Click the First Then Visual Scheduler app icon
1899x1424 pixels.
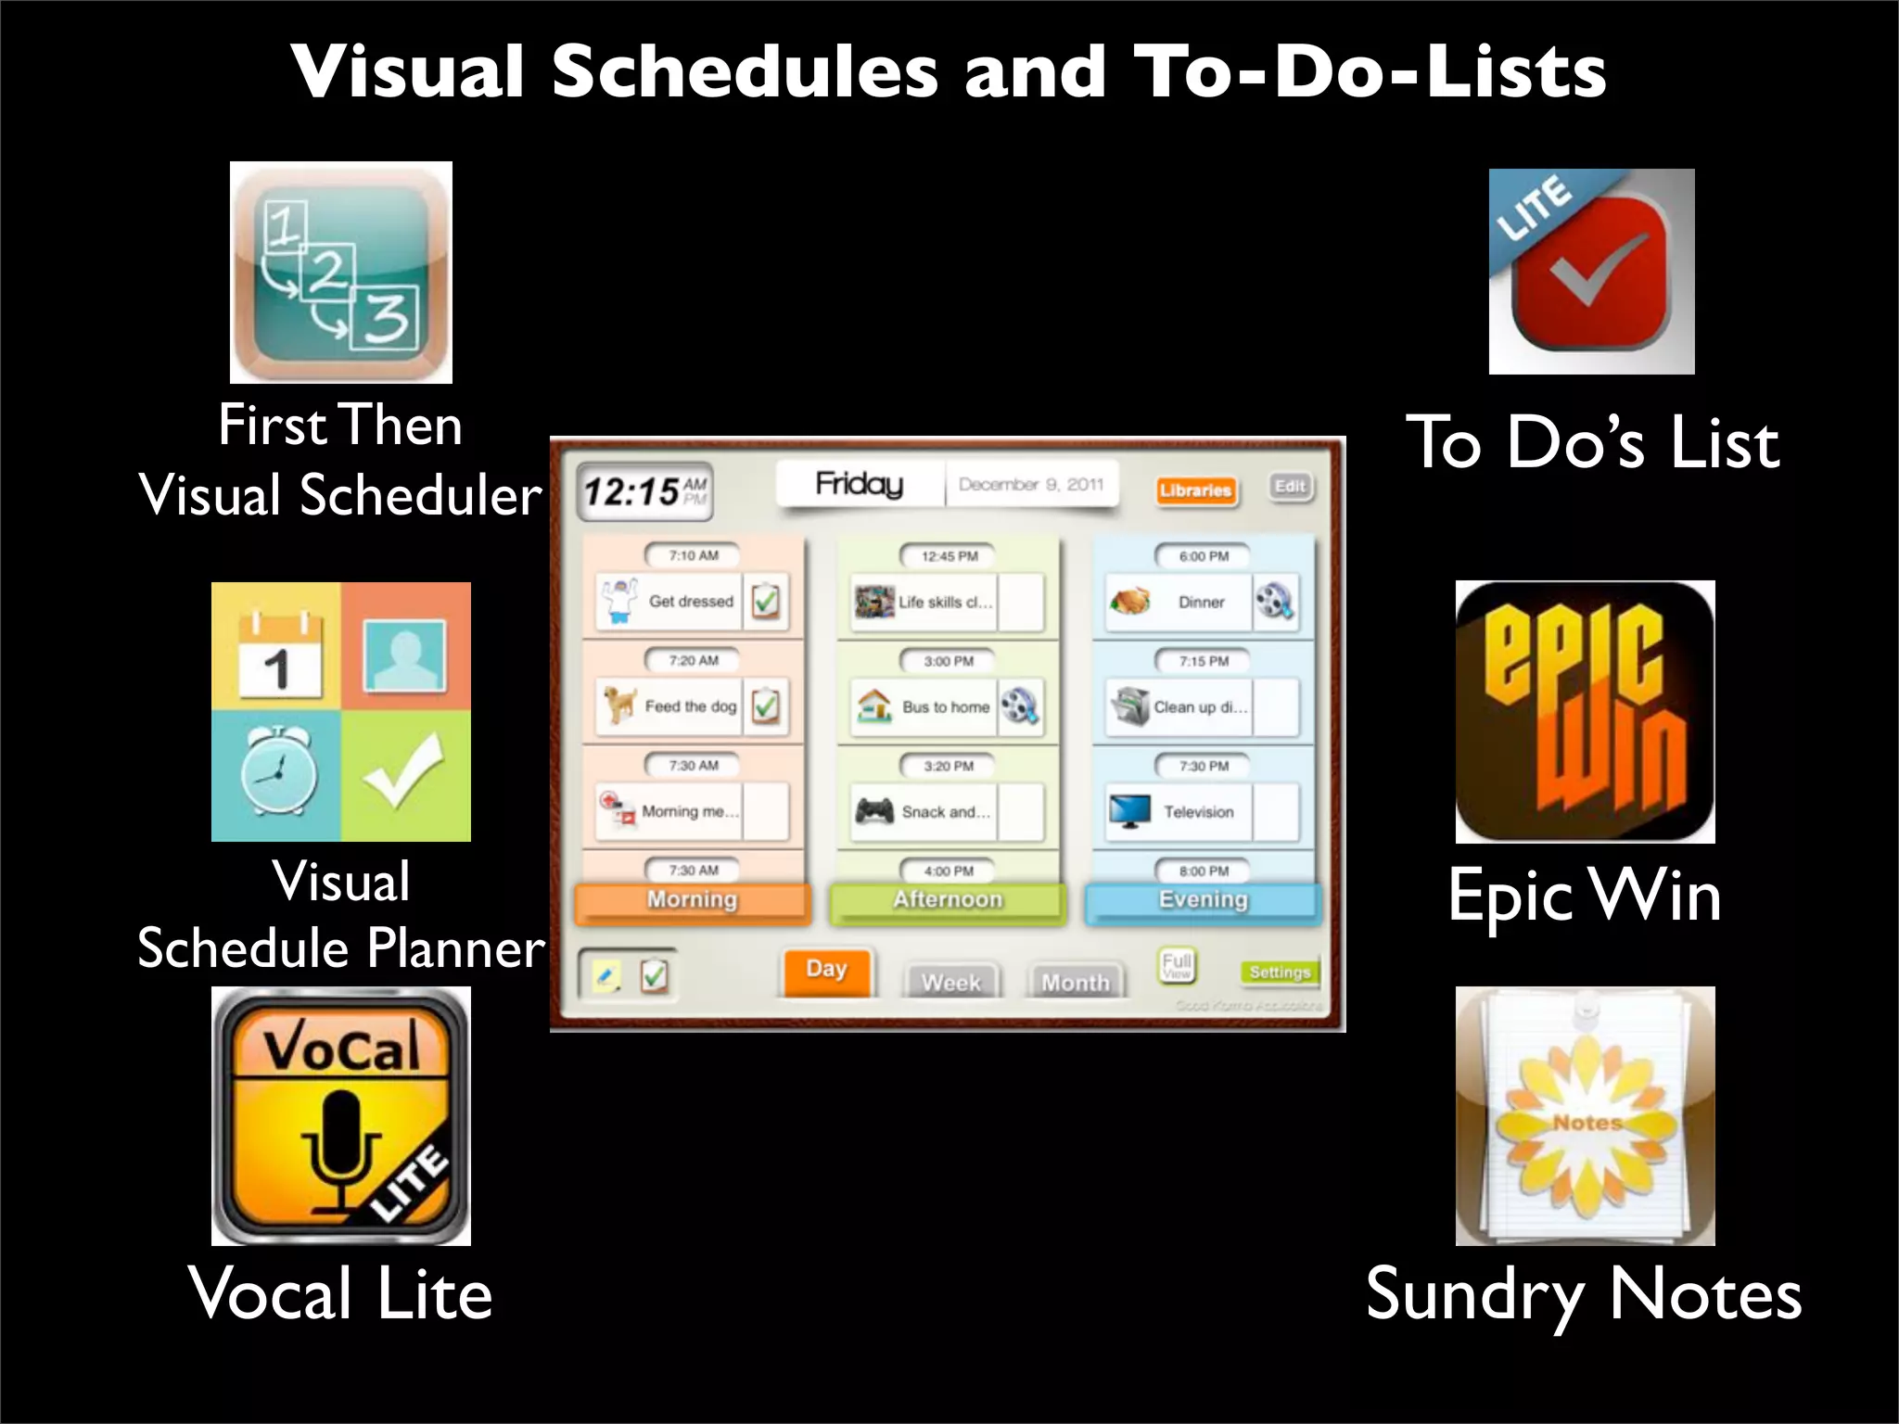(x=341, y=273)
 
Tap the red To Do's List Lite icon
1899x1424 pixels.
(x=1591, y=272)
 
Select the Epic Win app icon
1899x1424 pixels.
(x=1585, y=711)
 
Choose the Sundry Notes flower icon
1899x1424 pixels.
(x=1585, y=1115)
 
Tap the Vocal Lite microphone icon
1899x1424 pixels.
(x=341, y=1115)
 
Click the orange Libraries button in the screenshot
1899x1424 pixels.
(x=1195, y=489)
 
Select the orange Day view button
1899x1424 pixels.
(x=826, y=970)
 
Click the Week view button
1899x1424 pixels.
(x=951, y=982)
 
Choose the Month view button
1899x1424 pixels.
(x=1076, y=982)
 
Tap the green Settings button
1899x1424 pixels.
(x=1280, y=972)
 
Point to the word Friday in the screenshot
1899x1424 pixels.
(x=860, y=483)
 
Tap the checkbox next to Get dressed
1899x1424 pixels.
(x=766, y=602)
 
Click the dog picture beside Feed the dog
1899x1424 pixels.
(x=619, y=706)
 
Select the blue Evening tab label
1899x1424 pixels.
(x=1203, y=900)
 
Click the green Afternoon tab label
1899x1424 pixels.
(x=948, y=900)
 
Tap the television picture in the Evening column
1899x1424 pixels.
(x=1130, y=811)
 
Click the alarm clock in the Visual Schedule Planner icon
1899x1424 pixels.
(x=277, y=773)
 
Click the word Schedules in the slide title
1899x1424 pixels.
(x=745, y=71)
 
